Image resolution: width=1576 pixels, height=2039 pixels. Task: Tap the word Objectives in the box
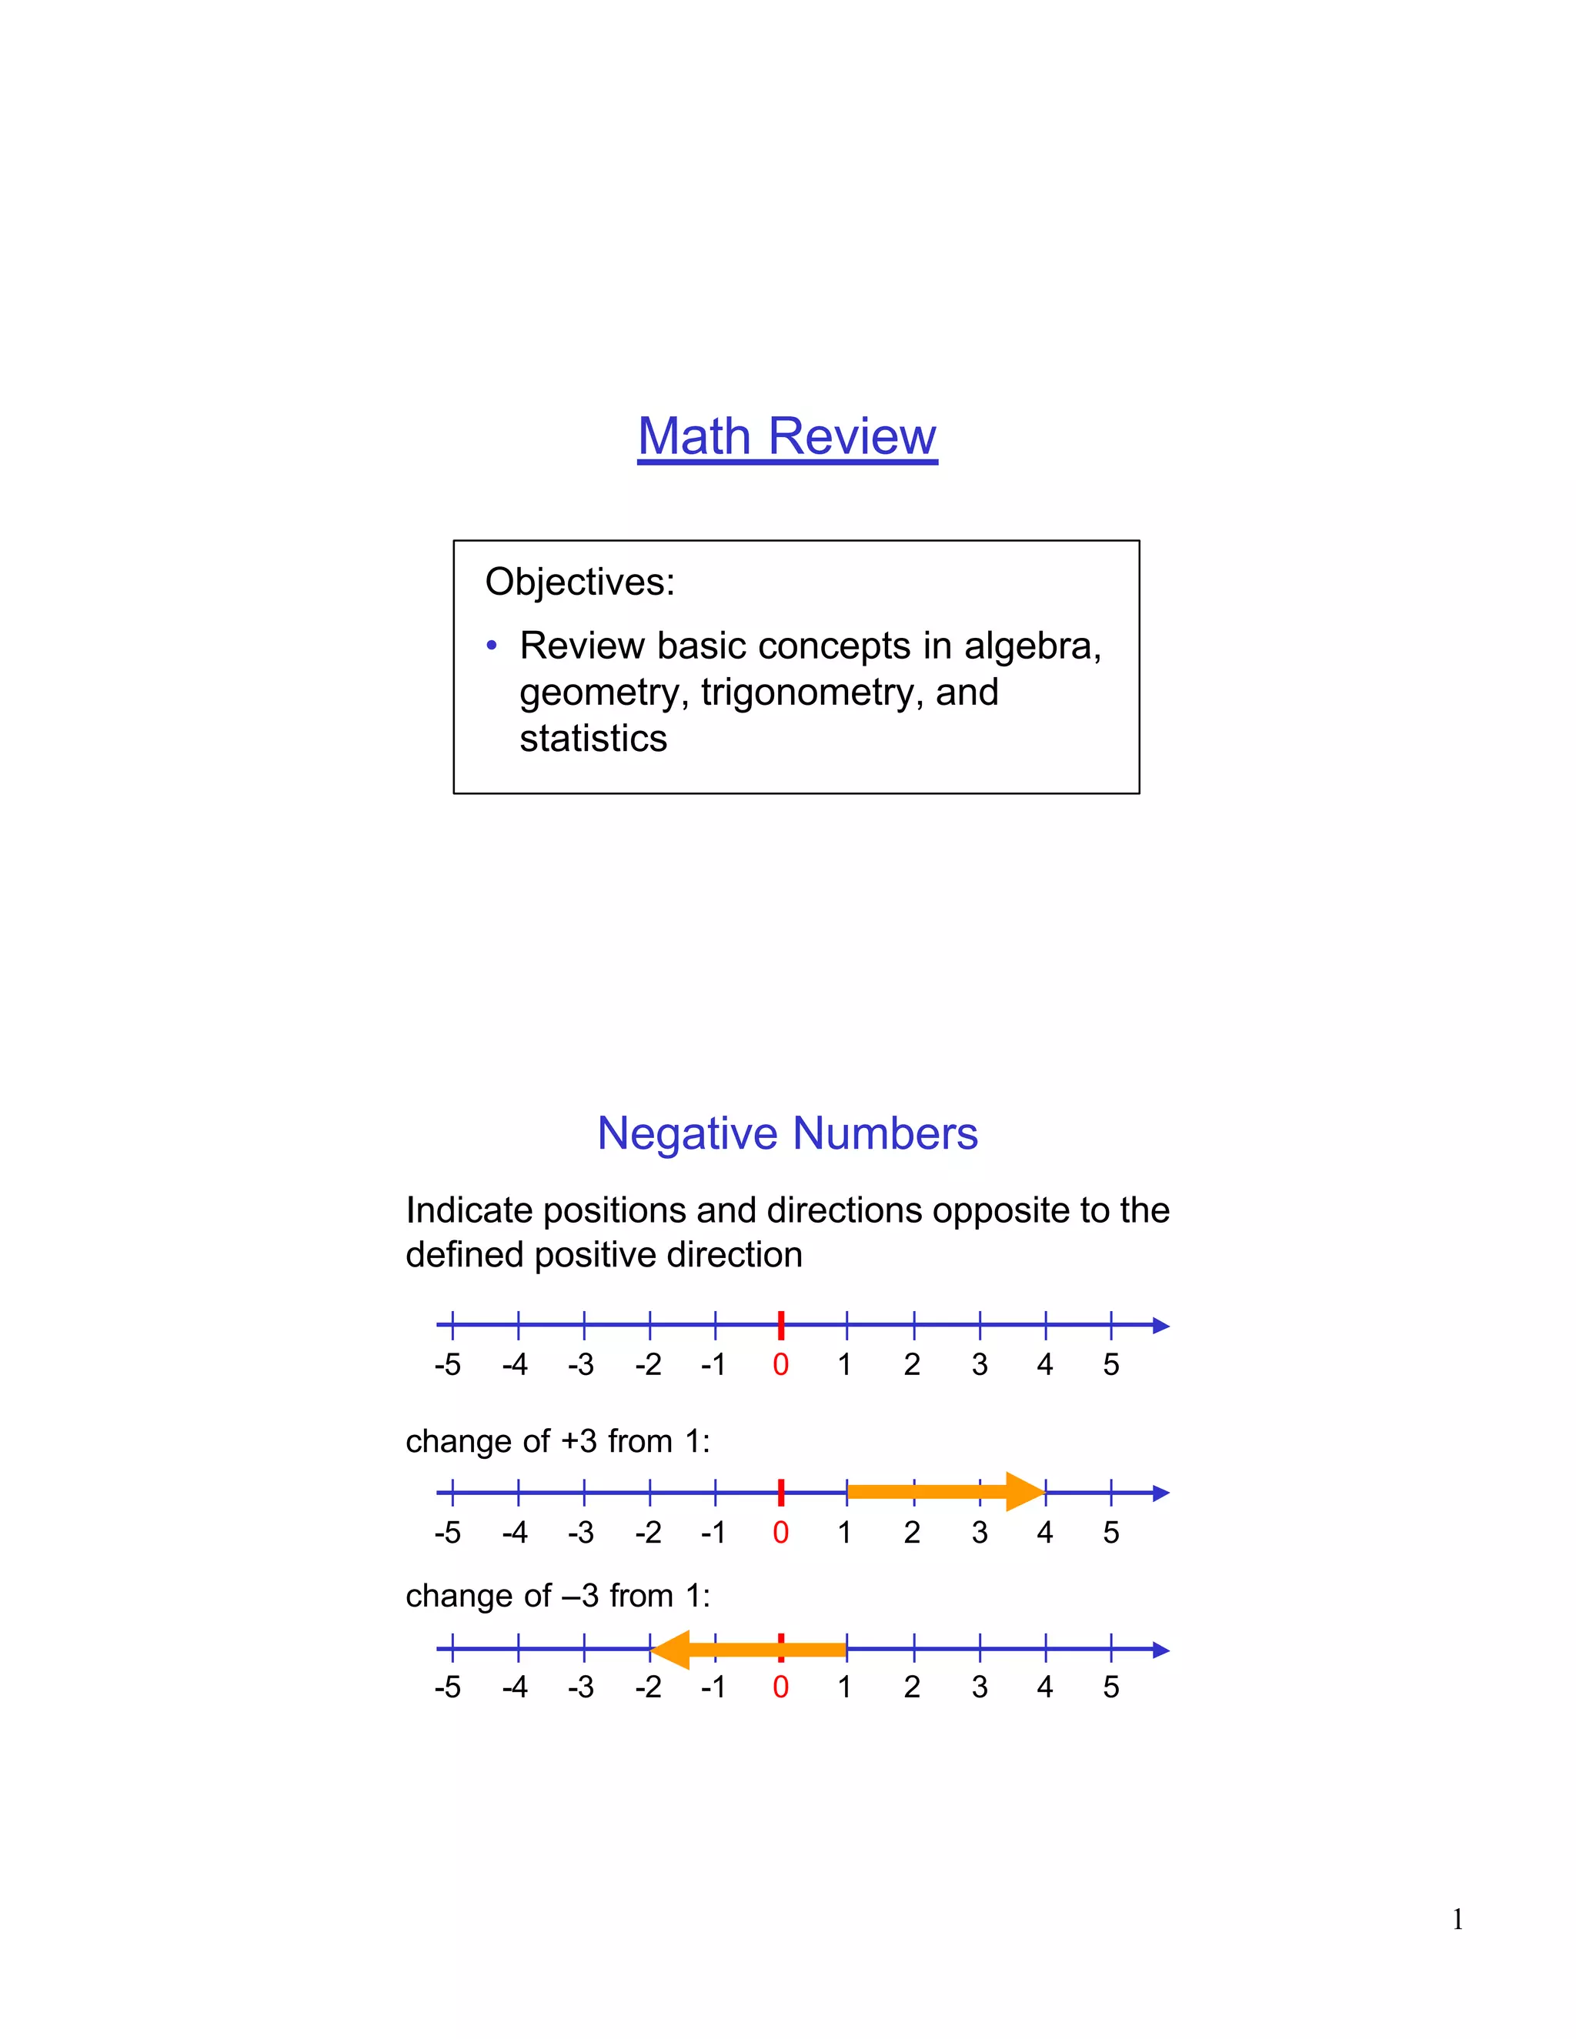579,582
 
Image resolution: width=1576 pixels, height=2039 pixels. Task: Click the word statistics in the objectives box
593,739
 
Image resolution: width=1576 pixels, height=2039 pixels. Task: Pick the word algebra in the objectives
1032,646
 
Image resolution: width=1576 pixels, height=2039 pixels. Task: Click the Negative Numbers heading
787,1133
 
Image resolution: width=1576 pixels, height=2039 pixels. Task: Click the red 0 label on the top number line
780,1365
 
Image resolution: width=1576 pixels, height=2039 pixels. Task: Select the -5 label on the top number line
448,1365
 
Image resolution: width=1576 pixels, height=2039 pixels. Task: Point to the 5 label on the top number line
1110,1365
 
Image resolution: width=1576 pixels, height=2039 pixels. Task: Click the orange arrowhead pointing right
1024,1491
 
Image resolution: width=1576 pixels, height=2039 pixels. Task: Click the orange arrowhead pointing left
671,1650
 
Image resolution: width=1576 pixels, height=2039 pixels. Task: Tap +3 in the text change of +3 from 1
579,1441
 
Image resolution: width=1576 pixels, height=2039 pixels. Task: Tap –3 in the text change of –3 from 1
579,1597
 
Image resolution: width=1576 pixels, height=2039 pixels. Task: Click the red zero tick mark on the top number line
780,1325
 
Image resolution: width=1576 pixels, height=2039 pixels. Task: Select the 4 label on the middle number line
1045,1532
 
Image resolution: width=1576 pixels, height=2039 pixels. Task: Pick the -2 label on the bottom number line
648,1687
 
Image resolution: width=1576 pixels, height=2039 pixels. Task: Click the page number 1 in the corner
1457,1920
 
